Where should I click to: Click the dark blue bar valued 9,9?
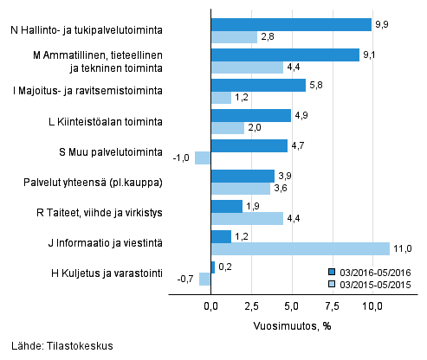(291, 24)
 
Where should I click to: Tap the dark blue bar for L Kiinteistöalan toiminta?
(250, 115)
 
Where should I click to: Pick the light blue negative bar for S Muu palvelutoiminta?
(203, 157)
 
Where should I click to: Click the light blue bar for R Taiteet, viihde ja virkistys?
(247, 218)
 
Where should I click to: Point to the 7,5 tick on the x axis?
(332, 305)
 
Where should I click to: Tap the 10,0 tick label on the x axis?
(372, 305)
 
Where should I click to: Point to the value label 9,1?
(370, 55)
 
